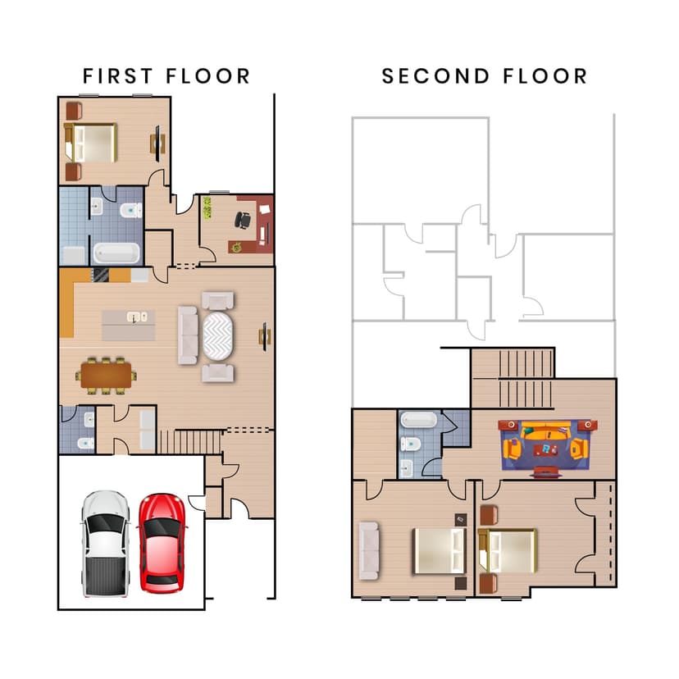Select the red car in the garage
(162, 542)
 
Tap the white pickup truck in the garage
(105, 543)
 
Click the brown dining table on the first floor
(107, 376)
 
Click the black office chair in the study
(243, 220)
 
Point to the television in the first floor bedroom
(156, 143)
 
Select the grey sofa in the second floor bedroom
(369, 549)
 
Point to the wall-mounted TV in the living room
(265, 335)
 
